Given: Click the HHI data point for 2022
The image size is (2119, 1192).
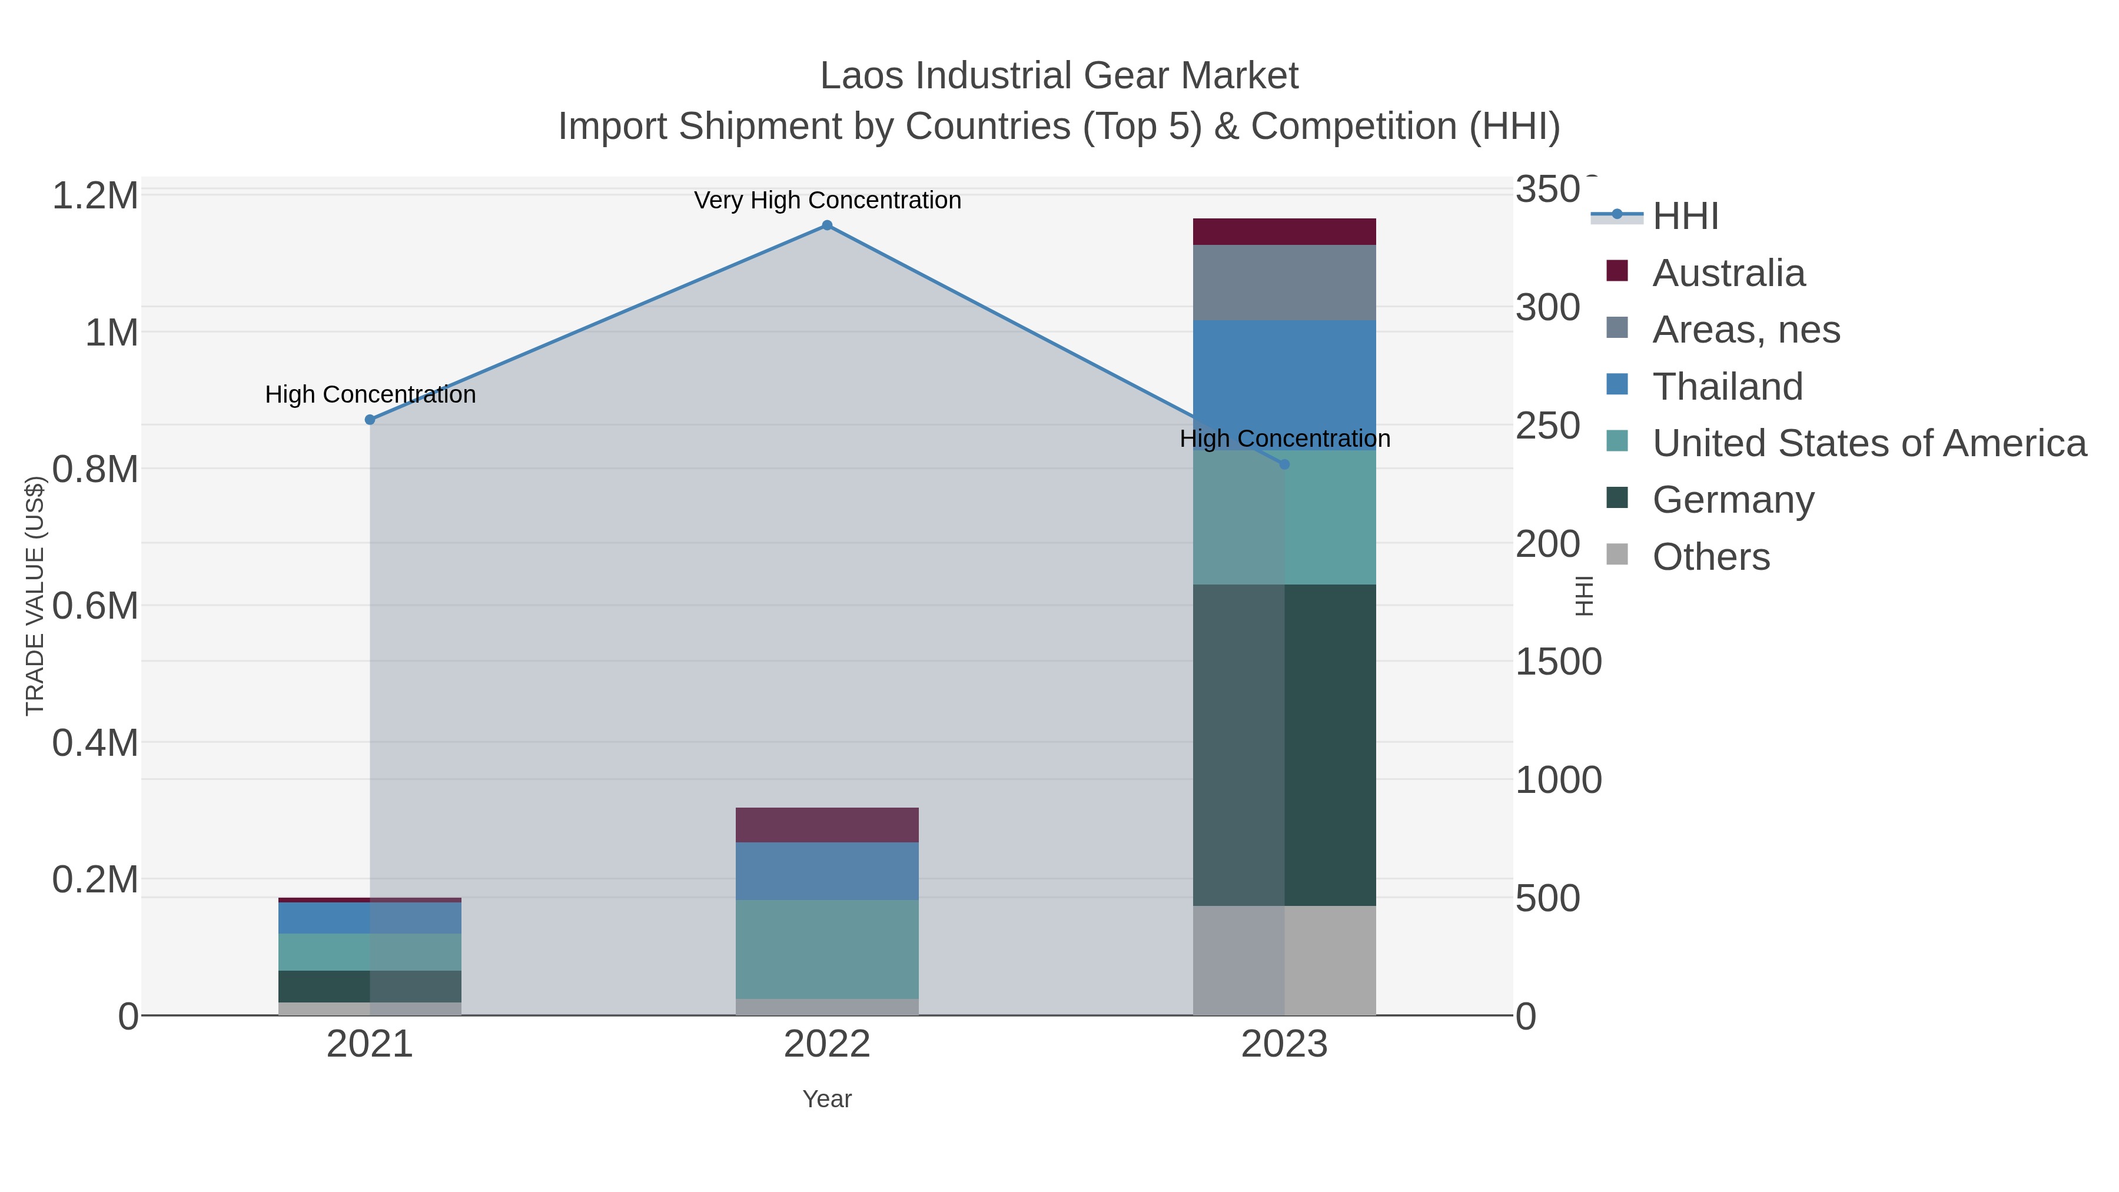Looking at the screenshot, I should [x=827, y=225].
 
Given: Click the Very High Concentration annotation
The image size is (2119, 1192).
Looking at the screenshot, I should [x=827, y=201].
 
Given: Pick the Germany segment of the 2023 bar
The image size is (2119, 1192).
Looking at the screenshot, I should [x=1284, y=745].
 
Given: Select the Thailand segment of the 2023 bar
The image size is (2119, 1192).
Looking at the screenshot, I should [x=1284, y=385].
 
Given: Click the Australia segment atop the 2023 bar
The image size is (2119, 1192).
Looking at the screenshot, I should [x=1284, y=232].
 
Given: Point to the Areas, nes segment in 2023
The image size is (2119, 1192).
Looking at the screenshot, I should [x=1284, y=282].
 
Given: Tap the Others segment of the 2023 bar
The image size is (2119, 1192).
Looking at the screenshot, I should [x=1284, y=960].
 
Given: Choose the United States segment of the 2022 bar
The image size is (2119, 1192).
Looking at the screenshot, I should [x=827, y=948].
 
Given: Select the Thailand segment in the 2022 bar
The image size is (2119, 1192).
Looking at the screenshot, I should [x=827, y=871].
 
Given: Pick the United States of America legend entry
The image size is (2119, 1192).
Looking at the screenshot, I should [x=1868, y=443].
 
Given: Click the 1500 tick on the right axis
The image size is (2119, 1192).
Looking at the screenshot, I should [x=1558, y=662].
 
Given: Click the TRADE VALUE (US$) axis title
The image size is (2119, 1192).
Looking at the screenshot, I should [x=35, y=596].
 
